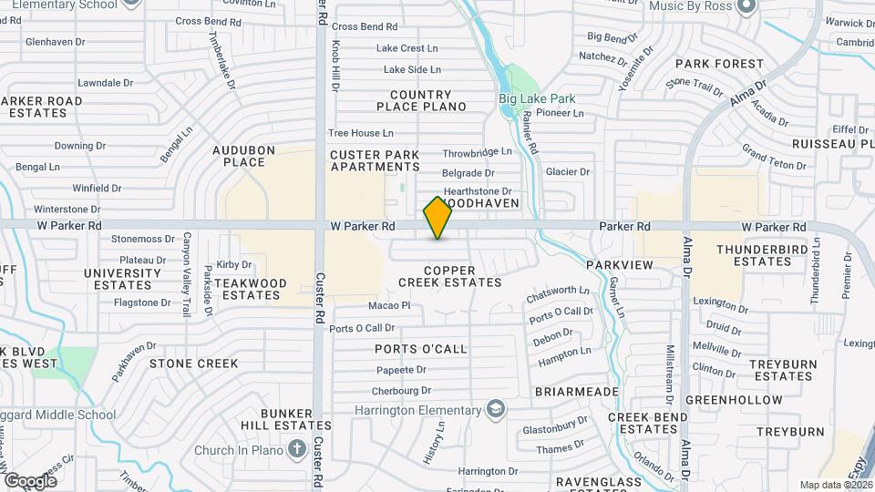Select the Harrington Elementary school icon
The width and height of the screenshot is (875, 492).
[495, 409]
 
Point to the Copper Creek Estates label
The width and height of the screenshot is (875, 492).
[449, 276]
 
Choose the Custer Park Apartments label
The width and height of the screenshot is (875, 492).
[375, 161]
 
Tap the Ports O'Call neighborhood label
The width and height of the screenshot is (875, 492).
[420, 349]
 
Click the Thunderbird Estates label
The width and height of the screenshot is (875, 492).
[754, 255]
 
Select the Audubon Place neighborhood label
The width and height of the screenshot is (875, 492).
[238, 156]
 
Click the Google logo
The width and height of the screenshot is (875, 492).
[29, 480]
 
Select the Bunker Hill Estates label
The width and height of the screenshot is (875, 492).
[285, 419]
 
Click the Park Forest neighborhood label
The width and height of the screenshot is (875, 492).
[719, 64]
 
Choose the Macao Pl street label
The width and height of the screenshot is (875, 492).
[389, 305]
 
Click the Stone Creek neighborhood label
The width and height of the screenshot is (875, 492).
[193, 364]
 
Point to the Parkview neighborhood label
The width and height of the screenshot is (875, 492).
[620, 264]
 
